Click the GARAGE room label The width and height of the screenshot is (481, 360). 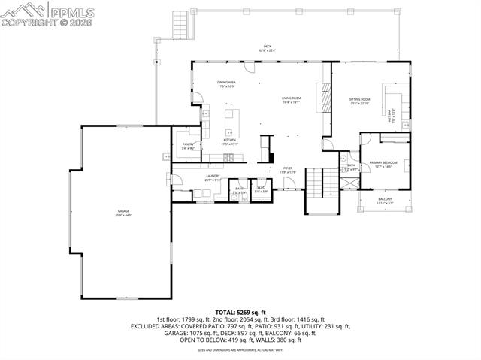(x=123, y=214)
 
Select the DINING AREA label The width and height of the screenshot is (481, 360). (x=226, y=84)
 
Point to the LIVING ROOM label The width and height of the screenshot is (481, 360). (x=292, y=99)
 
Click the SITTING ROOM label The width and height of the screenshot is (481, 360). (x=359, y=101)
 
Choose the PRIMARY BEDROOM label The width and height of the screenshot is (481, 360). (x=383, y=164)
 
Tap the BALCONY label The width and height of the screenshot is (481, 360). (x=384, y=201)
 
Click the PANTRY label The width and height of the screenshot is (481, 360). (x=188, y=147)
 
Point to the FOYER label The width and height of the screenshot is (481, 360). (x=288, y=169)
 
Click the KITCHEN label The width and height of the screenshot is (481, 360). (x=230, y=141)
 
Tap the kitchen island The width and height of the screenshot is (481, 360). (x=232, y=119)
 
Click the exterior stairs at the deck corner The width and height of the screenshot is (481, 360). (x=180, y=25)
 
